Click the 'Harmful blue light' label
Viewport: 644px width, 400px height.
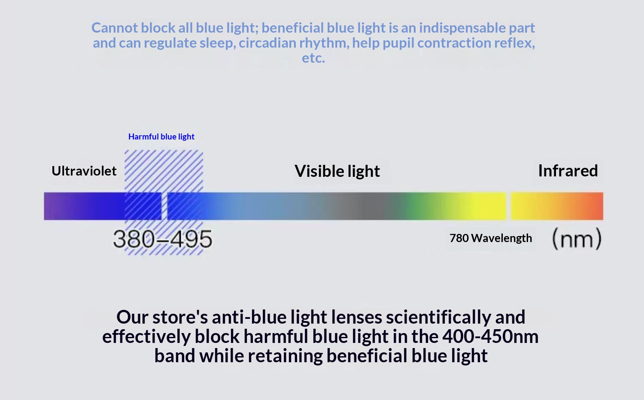point(161,137)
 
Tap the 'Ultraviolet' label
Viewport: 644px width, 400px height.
point(84,171)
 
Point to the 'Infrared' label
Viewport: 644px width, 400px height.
point(568,171)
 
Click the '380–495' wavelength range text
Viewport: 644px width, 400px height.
point(163,239)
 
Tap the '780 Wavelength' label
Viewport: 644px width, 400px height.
point(491,238)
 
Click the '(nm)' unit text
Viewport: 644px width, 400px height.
point(577,239)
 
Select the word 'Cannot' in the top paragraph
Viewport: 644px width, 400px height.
point(115,28)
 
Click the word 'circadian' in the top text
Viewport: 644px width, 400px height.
point(267,43)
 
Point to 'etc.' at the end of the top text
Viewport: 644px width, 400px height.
point(313,58)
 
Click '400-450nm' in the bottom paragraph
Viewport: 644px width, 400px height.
point(490,336)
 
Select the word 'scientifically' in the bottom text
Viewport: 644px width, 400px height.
point(438,317)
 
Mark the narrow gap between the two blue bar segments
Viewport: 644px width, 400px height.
point(164,206)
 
